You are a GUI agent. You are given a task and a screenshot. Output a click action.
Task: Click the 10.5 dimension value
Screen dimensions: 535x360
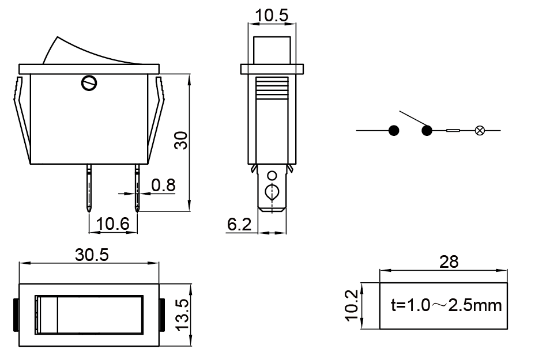(x=272, y=16)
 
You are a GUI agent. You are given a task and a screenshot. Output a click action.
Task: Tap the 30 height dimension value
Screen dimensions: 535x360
(x=181, y=141)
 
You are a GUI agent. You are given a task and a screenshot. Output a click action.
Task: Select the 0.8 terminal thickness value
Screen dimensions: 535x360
(x=163, y=185)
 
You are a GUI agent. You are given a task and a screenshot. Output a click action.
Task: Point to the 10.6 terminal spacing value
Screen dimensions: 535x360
(x=113, y=224)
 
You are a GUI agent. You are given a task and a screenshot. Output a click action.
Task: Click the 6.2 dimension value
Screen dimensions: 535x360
(x=239, y=224)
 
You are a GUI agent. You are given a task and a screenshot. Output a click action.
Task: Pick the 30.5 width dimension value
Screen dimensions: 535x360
(x=92, y=255)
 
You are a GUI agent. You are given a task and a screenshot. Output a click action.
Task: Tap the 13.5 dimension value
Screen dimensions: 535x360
(x=183, y=314)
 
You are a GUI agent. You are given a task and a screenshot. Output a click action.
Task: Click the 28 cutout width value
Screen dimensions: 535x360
(x=449, y=262)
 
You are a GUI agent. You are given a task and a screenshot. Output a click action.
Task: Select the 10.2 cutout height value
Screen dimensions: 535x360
(x=352, y=305)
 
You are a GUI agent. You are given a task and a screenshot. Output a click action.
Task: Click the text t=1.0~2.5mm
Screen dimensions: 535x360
(x=446, y=305)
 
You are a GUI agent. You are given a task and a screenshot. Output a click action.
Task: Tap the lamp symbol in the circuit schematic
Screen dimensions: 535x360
(x=480, y=130)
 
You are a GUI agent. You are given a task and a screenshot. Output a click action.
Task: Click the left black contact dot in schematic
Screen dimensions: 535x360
(x=394, y=130)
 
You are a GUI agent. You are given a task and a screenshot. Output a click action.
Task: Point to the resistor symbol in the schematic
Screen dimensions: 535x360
(x=453, y=130)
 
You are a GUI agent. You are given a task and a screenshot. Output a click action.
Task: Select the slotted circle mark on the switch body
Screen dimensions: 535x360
(x=89, y=83)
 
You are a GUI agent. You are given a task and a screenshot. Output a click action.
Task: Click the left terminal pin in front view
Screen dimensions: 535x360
(x=89, y=188)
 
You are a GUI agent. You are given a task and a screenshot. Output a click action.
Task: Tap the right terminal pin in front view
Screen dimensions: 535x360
(x=137, y=188)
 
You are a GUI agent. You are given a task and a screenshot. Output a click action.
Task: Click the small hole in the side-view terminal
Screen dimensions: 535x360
(x=272, y=176)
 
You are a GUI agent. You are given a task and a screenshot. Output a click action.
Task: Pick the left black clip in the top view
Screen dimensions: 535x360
(x=16, y=314)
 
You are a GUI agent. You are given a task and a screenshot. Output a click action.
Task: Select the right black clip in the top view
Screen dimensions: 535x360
(x=162, y=314)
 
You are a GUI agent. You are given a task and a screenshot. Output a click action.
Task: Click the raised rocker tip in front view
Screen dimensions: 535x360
(x=58, y=37)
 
